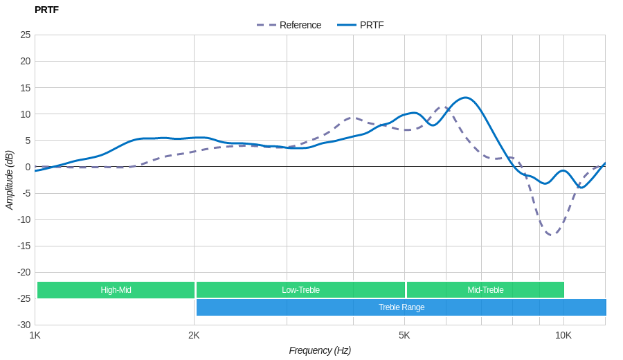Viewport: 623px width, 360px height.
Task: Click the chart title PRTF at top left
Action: [46, 10]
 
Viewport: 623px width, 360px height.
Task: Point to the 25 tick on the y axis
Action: [25, 35]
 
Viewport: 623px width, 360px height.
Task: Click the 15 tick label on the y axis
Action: [25, 87]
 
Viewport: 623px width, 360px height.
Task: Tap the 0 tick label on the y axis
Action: [28, 167]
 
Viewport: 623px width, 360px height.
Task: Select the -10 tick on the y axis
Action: [24, 219]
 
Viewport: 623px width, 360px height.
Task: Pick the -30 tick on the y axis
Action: [24, 325]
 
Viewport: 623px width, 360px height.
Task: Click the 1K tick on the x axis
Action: [35, 335]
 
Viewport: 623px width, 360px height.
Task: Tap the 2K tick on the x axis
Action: [194, 335]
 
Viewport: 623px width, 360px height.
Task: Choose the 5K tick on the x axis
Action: [404, 335]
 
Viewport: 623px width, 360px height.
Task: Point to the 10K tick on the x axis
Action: [563, 335]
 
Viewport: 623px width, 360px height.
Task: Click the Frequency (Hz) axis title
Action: [320, 350]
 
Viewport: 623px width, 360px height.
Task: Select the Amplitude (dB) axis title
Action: [9, 180]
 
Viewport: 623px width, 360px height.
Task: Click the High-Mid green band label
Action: [116, 290]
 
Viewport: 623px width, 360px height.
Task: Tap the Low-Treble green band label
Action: [300, 290]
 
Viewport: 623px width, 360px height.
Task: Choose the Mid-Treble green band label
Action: [485, 290]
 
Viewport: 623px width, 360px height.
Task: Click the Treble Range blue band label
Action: [401, 307]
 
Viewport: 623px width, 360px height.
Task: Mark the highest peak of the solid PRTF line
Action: [465, 98]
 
